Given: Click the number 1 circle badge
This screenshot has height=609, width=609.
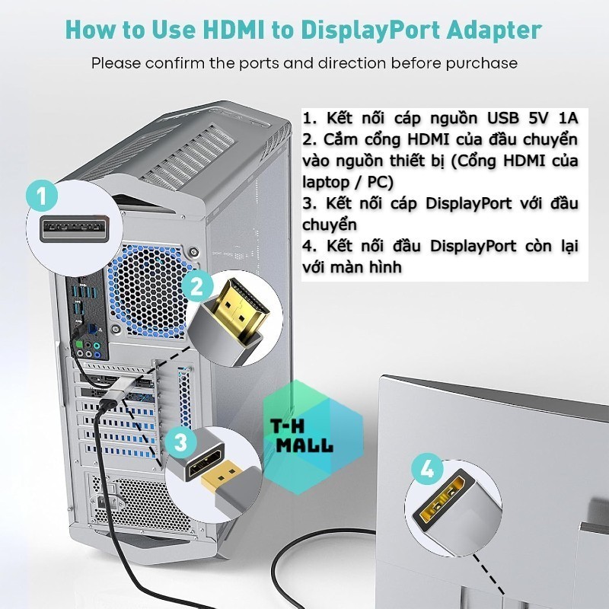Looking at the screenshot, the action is [x=42, y=196].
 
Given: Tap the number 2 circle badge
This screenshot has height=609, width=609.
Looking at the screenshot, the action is [x=197, y=288].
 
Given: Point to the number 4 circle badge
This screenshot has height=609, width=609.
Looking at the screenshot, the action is [x=427, y=470].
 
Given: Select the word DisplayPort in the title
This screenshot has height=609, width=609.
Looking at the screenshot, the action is [x=370, y=30].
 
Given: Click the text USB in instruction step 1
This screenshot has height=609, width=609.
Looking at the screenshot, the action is [x=503, y=118].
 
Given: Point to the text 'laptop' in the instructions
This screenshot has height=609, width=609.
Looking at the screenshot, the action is [x=326, y=182].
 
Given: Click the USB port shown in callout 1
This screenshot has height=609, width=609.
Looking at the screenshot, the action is [x=74, y=229].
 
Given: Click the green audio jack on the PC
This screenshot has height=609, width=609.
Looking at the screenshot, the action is [x=79, y=345].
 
